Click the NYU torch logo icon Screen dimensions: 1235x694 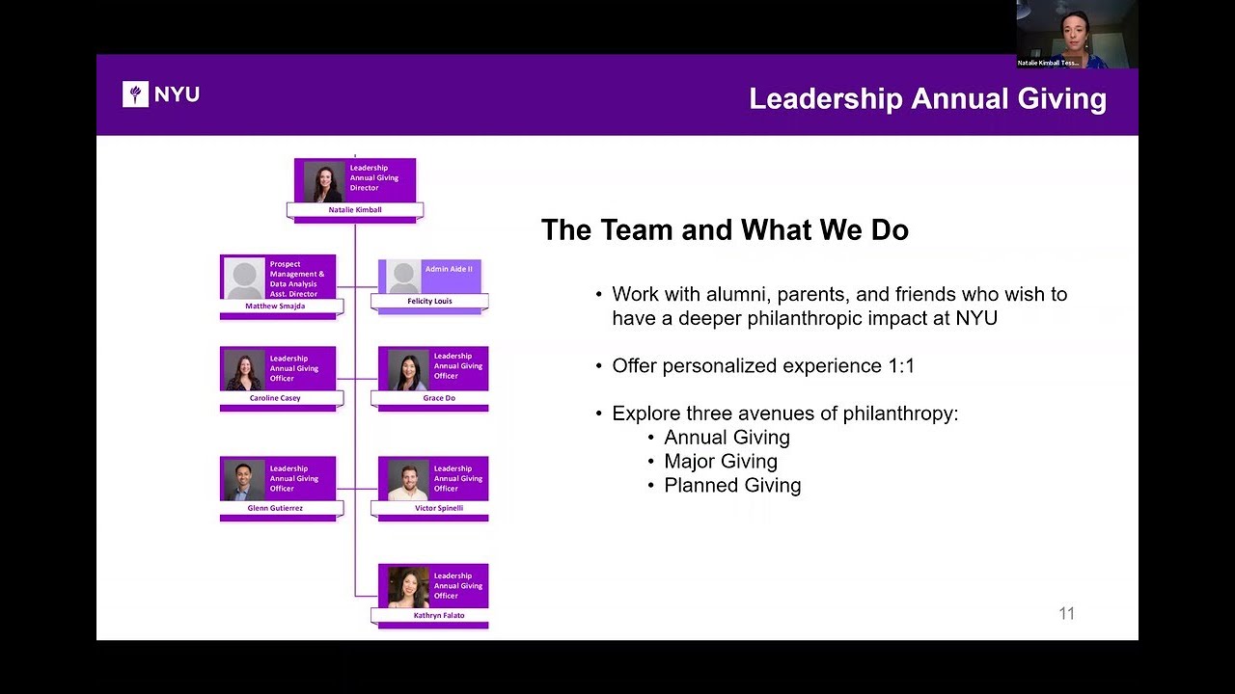point(135,94)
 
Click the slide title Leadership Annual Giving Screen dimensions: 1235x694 point(927,99)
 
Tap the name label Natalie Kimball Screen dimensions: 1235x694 point(355,210)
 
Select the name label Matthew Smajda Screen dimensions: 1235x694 point(275,307)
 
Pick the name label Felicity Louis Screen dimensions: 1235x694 point(429,302)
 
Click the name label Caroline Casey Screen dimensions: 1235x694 point(275,398)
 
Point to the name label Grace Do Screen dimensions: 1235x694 point(439,398)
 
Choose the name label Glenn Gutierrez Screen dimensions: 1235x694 point(275,508)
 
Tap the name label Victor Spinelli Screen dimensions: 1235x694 point(439,508)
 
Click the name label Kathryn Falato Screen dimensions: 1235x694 point(439,615)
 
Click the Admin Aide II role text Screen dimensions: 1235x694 point(449,269)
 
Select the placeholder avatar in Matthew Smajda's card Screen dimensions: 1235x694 point(245,279)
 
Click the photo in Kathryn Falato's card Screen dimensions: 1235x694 point(408,587)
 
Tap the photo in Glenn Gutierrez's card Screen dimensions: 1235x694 point(245,480)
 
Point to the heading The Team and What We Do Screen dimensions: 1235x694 point(725,229)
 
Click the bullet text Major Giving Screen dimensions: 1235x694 point(721,461)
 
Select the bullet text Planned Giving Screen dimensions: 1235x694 point(732,485)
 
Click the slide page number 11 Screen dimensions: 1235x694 point(1067,614)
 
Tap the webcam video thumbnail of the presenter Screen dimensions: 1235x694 point(1078,34)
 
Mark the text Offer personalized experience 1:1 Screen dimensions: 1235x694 point(763,365)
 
